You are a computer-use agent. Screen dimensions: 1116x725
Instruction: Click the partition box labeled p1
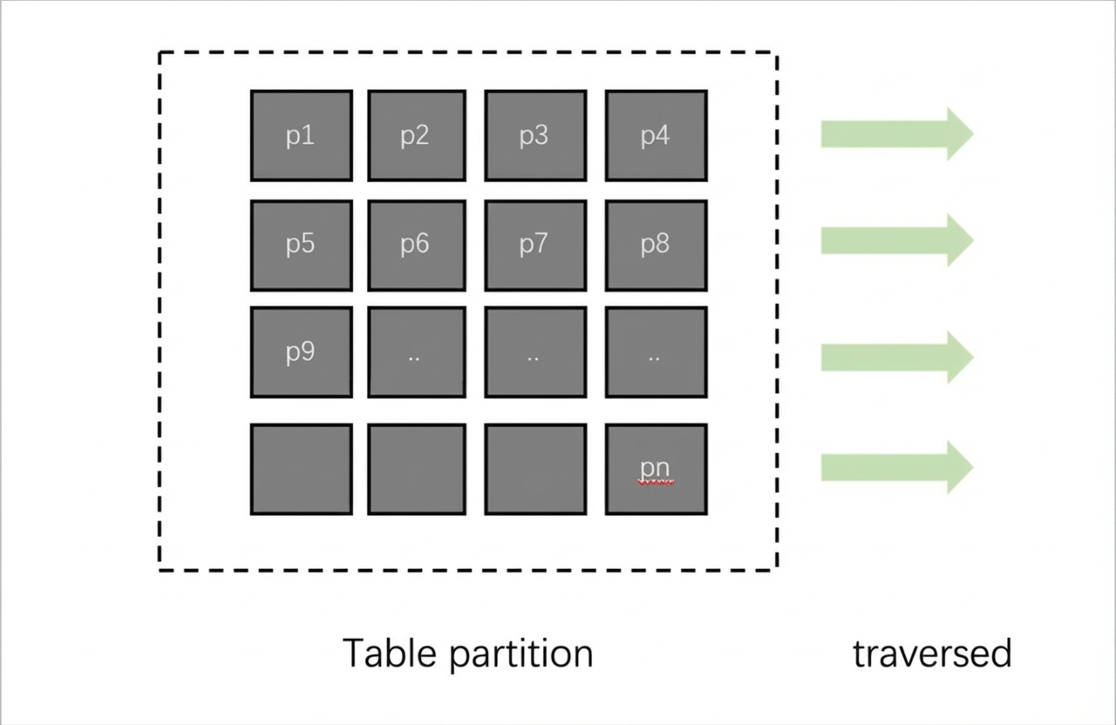[x=302, y=135]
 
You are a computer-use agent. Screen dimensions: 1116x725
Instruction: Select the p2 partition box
[x=417, y=135]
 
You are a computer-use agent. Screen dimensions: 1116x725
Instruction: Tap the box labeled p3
[x=535, y=135]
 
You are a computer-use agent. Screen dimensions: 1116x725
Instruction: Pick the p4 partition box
[x=657, y=135]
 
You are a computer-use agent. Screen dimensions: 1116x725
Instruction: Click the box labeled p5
[x=302, y=246]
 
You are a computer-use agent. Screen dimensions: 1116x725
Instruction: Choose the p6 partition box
[x=417, y=246]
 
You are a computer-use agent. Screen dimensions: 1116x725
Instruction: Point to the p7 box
[x=535, y=246]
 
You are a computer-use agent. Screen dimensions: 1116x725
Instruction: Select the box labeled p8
[x=657, y=246]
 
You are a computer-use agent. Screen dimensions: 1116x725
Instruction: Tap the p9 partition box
[x=302, y=352]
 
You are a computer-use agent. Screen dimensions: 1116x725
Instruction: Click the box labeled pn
[x=657, y=469]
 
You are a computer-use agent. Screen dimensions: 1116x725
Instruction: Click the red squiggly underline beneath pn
[x=656, y=482]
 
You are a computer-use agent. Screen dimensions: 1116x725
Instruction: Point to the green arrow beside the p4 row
[x=897, y=134]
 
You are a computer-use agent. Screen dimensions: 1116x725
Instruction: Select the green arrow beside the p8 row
[x=897, y=241]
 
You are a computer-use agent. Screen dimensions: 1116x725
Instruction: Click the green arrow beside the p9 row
[x=897, y=357]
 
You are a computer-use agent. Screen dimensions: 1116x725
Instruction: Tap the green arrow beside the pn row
[x=897, y=467]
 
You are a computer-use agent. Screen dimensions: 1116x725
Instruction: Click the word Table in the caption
[x=390, y=653]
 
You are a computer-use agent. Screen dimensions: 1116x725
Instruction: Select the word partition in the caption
[x=521, y=654]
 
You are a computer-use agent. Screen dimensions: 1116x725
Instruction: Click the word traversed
[x=932, y=654]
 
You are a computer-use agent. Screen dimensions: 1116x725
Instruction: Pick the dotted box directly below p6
[x=417, y=352]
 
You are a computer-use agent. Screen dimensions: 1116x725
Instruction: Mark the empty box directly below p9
[x=302, y=469]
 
